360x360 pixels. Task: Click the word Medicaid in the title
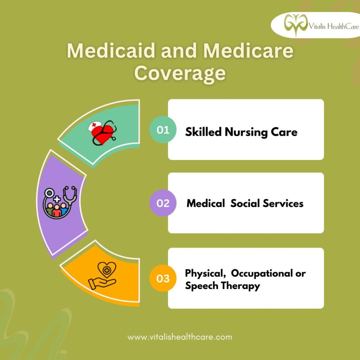(x=111, y=51)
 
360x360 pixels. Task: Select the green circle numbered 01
(x=163, y=130)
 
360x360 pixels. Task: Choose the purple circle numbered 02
(x=163, y=203)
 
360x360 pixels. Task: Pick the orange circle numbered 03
(x=163, y=278)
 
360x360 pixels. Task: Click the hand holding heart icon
(x=102, y=276)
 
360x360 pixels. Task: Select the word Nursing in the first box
(x=246, y=133)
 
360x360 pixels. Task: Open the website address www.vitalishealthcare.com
(x=180, y=337)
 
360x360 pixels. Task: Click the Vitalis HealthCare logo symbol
(x=296, y=24)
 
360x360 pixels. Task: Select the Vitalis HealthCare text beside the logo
(x=334, y=26)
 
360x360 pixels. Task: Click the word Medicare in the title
(x=248, y=51)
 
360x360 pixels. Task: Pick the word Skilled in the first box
(x=203, y=132)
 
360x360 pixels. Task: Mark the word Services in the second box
(x=283, y=204)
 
